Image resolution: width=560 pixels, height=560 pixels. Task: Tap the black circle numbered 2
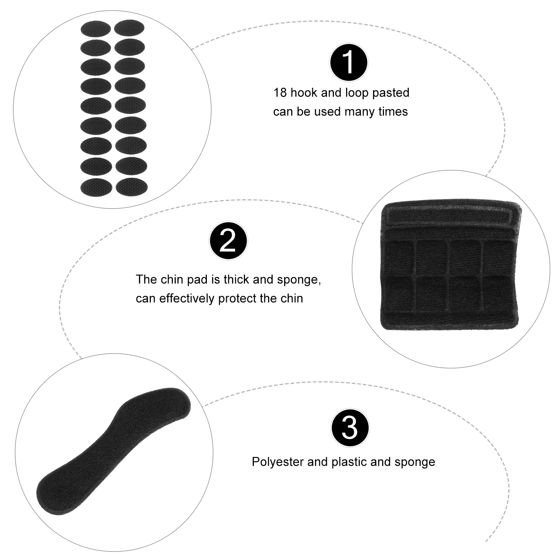click(x=228, y=240)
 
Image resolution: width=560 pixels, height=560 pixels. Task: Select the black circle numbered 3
click(x=350, y=427)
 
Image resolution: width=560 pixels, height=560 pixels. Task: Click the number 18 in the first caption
click(x=280, y=93)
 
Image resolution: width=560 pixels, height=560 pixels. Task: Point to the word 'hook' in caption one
click(x=303, y=93)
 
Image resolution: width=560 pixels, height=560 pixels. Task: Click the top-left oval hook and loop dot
click(x=95, y=29)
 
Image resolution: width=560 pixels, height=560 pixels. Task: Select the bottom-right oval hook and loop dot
click(x=132, y=186)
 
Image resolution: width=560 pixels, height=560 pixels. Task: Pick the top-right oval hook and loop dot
click(x=129, y=27)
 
